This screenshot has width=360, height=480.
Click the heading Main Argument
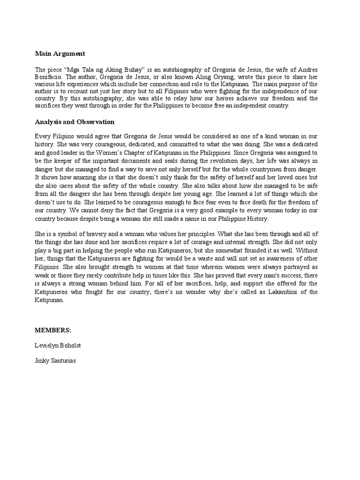click(60, 54)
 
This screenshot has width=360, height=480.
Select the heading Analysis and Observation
click(75, 122)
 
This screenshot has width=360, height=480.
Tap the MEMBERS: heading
click(52, 330)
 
